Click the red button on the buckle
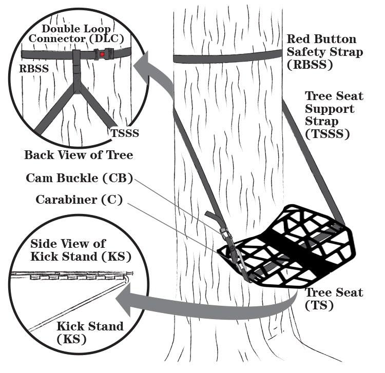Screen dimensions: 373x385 click(x=103, y=53)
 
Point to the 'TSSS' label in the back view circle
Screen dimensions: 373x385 click(x=125, y=133)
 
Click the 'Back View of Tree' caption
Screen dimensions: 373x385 click(x=79, y=154)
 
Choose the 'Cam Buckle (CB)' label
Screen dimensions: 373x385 click(x=79, y=179)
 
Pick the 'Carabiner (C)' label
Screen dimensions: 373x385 click(x=79, y=200)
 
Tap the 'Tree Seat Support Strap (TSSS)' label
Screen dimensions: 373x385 click(x=334, y=115)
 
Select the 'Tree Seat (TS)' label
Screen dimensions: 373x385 click(x=334, y=299)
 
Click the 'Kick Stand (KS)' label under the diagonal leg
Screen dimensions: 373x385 click(x=90, y=332)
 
